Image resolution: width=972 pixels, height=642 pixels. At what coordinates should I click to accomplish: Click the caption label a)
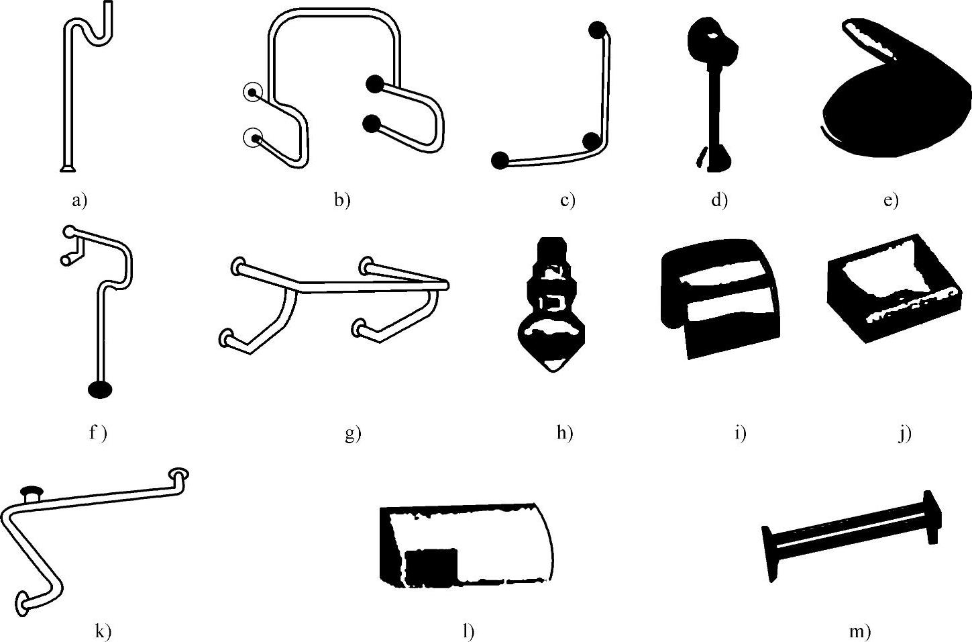coord(80,199)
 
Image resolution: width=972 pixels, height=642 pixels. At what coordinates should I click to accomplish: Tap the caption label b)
coord(342,199)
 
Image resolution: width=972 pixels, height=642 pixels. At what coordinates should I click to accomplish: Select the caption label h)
coord(565,433)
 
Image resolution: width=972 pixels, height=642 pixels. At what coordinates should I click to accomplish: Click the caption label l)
coord(468,631)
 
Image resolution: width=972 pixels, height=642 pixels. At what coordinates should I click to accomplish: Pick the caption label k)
coord(103,631)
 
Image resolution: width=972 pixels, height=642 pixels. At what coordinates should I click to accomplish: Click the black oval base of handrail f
coord(100,389)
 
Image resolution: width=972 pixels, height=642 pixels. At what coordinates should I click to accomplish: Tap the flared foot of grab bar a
coord(68,168)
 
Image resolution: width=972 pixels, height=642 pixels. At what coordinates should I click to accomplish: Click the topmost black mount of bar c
coord(598,30)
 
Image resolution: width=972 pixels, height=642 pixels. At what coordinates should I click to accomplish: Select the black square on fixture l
coord(431,565)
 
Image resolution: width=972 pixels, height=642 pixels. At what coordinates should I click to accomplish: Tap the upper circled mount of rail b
coord(253,92)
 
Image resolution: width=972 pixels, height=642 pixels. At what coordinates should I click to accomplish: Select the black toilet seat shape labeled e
coord(892,101)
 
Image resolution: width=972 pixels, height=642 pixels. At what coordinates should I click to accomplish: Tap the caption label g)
coord(353,433)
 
